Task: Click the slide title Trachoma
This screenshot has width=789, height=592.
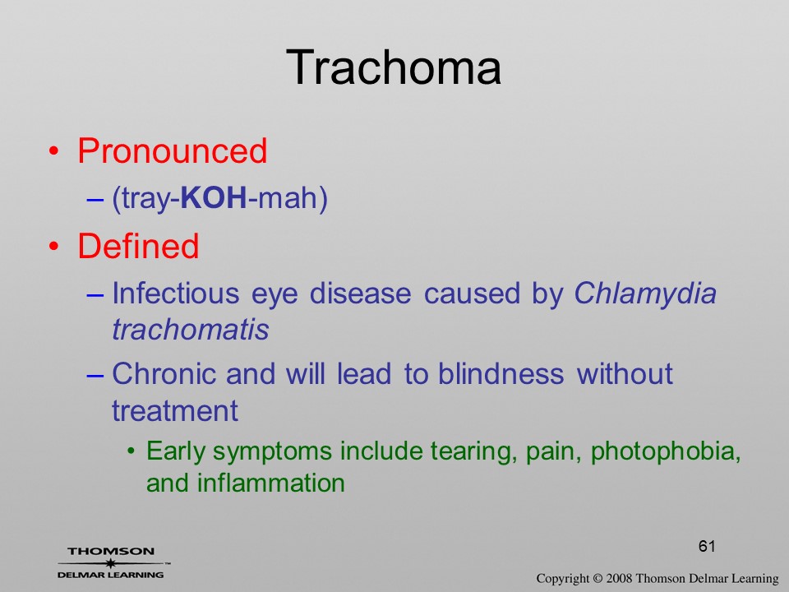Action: (394, 67)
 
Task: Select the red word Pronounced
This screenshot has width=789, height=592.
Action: (172, 150)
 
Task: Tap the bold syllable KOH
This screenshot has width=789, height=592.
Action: (214, 197)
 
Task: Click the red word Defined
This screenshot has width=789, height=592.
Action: (138, 246)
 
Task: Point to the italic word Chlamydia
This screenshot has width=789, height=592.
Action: (645, 294)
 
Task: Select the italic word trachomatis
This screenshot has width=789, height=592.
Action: (191, 330)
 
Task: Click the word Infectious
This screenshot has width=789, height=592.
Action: (176, 293)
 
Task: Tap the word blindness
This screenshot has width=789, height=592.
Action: (501, 373)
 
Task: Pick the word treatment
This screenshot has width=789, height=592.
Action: (174, 411)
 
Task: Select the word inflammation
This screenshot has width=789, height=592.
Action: (270, 483)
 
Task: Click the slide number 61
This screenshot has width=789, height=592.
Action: (707, 546)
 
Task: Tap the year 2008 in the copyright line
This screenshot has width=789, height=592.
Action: (619, 578)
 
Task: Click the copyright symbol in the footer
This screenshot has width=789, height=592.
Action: (598, 578)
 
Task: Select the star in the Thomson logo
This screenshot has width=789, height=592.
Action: (110, 562)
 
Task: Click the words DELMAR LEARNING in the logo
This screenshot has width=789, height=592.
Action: (111, 575)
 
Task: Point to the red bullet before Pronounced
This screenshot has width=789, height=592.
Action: (54, 151)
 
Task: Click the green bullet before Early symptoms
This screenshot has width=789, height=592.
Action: (131, 452)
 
